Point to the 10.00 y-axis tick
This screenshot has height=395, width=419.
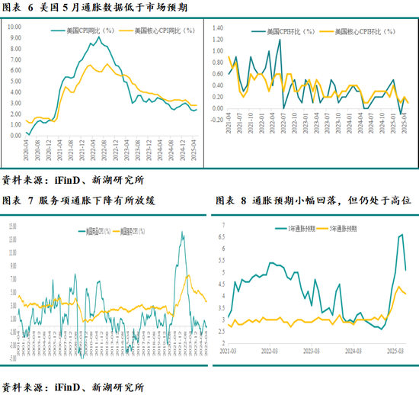point(14,27)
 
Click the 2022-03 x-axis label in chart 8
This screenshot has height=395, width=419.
point(270,352)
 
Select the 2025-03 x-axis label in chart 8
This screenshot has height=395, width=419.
point(394,352)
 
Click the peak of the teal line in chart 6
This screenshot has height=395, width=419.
point(99,37)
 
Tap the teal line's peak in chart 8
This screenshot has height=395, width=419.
point(401,235)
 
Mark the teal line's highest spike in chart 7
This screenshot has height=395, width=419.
point(181,232)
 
